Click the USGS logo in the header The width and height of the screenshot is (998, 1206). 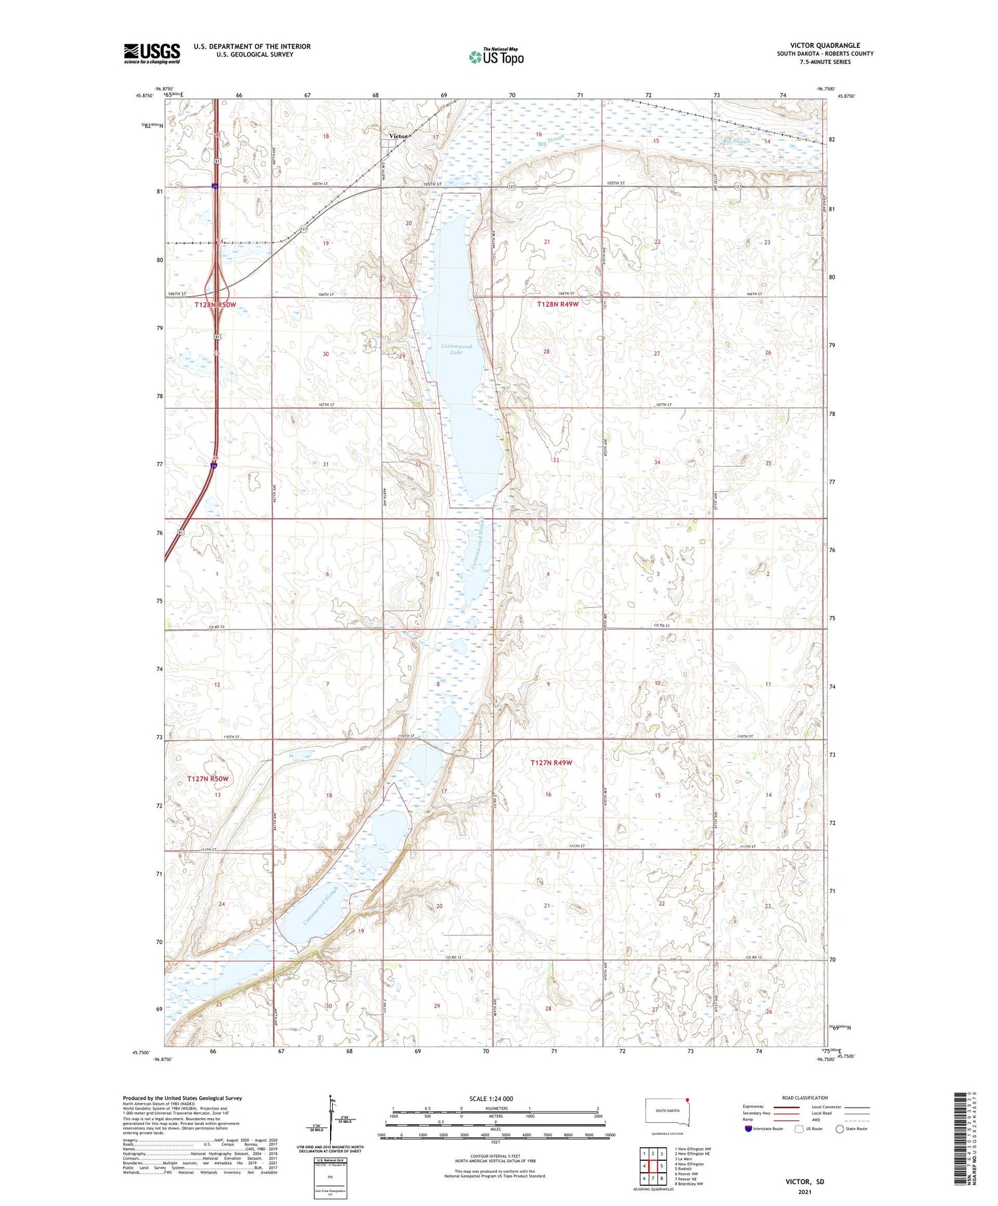(x=152, y=53)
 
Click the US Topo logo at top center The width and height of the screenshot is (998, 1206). (x=496, y=57)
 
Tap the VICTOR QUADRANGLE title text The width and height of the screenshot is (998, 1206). (x=824, y=45)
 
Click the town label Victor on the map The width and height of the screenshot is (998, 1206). (x=399, y=136)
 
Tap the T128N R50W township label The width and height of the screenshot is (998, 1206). (x=215, y=305)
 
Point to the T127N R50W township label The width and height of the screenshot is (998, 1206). (x=208, y=778)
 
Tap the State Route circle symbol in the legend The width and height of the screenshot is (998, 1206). (x=840, y=1129)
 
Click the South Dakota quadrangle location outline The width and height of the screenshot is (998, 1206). (x=669, y=1112)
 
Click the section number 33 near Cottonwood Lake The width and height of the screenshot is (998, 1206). (x=555, y=460)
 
